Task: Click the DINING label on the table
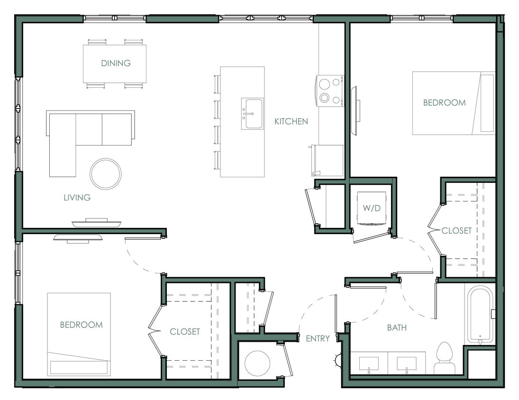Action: click(x=116, y=63)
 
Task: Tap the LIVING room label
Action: click(x=77, y=198)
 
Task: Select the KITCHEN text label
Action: click(x=291, y=121)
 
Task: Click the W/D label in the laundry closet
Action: click(x=372, y=208)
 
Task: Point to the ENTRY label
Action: click(x=317, y=338)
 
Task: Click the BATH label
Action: click(x=396, y=327)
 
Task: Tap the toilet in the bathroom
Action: click(x=444, y=358)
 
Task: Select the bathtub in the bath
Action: click(x=481, y=315)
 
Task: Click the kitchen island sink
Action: click(x=252, y=114)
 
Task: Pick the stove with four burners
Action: click(x=330, y=91)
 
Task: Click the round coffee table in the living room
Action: click(x=106, y=173)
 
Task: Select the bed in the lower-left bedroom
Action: click(x=79, y=334)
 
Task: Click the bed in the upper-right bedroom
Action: click(x=453, y=103)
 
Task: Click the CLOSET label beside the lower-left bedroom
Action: click(x=185, y=332)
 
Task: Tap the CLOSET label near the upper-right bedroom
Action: click(x=456, y=231)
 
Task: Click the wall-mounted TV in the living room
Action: click(x=96, y=222)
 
